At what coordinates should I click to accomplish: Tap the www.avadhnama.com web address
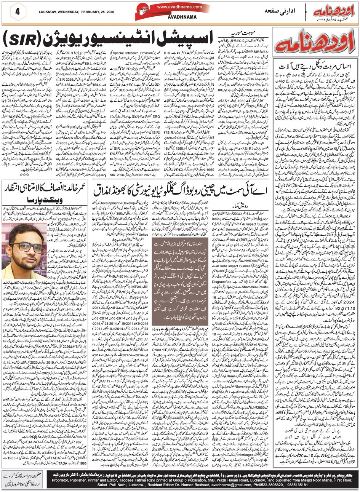point(179,6)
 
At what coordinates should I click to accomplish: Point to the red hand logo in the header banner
point(145,11)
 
